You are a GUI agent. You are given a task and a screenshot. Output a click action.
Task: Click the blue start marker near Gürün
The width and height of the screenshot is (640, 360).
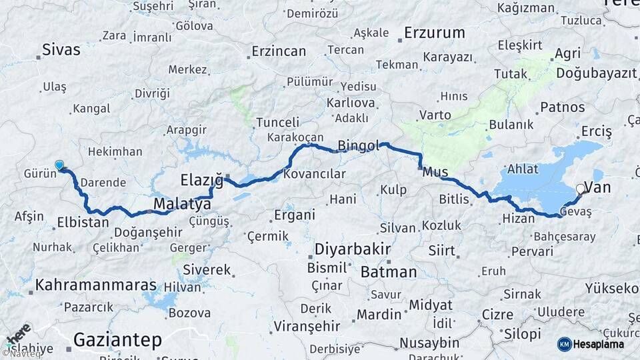click(x=59, y=165)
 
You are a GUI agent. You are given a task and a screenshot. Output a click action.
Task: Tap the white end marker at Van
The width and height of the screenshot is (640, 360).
click(x=580, y=189)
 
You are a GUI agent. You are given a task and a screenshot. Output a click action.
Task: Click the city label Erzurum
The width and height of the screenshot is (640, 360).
click(x=434, y=32)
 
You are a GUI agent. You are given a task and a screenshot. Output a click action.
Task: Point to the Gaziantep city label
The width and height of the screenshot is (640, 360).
click(x=117, y=340)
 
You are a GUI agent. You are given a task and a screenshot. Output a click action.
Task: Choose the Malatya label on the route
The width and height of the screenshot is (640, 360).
click(x=182, y=204)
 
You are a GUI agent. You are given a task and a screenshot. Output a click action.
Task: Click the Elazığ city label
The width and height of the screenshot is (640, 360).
click(x=201, y=179)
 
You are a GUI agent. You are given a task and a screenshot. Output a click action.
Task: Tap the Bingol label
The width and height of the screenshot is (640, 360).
click(x=359, y=145)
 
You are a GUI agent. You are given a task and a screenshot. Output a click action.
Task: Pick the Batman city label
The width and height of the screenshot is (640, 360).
click(x=389, y=272)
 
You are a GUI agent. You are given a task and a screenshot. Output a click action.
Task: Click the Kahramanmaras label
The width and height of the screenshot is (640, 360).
click(x=96, y=286)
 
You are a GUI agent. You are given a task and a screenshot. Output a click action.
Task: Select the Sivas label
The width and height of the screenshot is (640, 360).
click(x=61, y=49)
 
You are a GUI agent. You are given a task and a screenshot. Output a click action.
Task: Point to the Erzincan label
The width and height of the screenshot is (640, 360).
click(x=279, y=51)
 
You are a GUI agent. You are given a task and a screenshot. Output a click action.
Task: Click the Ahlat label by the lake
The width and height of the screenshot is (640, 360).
click(x=523, y=169)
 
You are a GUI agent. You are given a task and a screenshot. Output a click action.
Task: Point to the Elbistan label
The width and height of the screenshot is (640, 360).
click(x=83, y=222)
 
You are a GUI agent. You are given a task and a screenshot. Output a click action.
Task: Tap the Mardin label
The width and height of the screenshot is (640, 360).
click(x=379, y=314)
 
